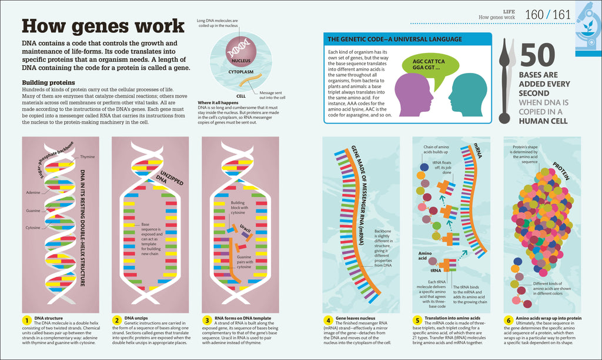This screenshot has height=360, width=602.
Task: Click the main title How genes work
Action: (103, 26)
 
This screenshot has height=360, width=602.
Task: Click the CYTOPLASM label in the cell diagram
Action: (240, 71)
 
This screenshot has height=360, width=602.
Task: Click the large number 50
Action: (536, 55)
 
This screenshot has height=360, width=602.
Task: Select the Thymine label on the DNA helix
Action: (87, 157)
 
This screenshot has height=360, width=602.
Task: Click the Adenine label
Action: (33, 192)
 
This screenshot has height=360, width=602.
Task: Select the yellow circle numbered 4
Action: (329, 321)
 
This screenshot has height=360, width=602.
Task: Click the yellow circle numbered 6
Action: (509, 321)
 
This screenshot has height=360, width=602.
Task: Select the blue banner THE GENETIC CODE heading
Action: (394, 39)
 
